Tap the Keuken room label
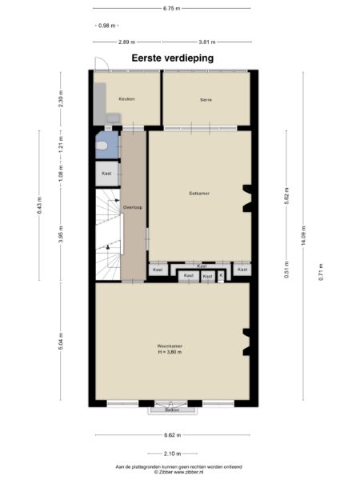[x=126, y=99]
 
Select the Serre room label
[x=206, y=100]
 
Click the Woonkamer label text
[x=170, y=346]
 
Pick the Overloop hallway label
[x=132, y=207]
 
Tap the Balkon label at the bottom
[x=171, y=410]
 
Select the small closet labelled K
[x=221, y=276]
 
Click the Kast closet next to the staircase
[x=106, y=173]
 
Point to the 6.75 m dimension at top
[x=171, y=9]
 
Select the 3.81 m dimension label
[x=208, y=41]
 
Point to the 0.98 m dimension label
[x=106, y=25]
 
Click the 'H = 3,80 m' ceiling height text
[x=170, y=352]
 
